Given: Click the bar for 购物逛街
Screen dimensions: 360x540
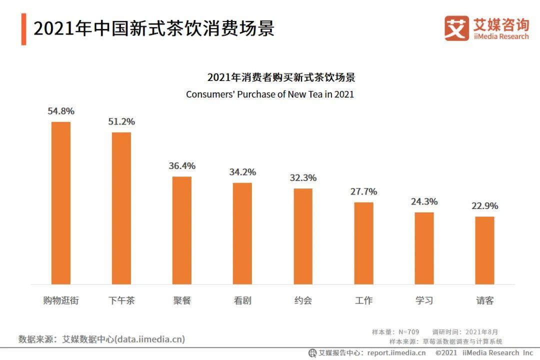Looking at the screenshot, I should click(61, 203).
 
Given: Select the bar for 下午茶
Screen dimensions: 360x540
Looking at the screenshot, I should click(121, 208).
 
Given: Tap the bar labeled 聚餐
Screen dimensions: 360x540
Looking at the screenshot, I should click(182, 230).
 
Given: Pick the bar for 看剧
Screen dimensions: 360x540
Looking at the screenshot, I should click(242, 233).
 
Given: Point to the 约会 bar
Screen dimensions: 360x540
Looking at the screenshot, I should click(303, 236).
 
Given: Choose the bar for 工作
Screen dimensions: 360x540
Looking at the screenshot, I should click(363, 243).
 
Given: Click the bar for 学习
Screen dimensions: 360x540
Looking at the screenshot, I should click(424, 248).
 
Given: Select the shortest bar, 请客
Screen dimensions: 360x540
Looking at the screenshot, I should click(484, 250).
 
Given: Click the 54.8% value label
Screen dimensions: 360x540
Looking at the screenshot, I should click(61, 111).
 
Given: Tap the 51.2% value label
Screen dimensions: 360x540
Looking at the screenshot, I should click(121, 121).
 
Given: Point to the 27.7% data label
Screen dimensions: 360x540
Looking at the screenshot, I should click(363, 191).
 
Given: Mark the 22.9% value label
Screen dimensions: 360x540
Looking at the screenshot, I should click(484, 206).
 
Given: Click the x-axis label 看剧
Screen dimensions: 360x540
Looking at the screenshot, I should click(242, 300).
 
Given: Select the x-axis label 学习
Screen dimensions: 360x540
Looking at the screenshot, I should click(424, 300).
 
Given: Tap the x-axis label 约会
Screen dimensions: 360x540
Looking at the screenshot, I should click(303, 300).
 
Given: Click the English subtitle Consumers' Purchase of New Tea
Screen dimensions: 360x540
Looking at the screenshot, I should click(270, 94).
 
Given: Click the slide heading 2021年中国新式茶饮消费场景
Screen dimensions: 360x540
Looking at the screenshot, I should click(154, 28).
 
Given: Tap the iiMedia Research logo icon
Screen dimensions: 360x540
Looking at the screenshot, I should click(456, 28).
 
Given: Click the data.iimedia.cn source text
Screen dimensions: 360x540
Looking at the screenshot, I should click(149, 339).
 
